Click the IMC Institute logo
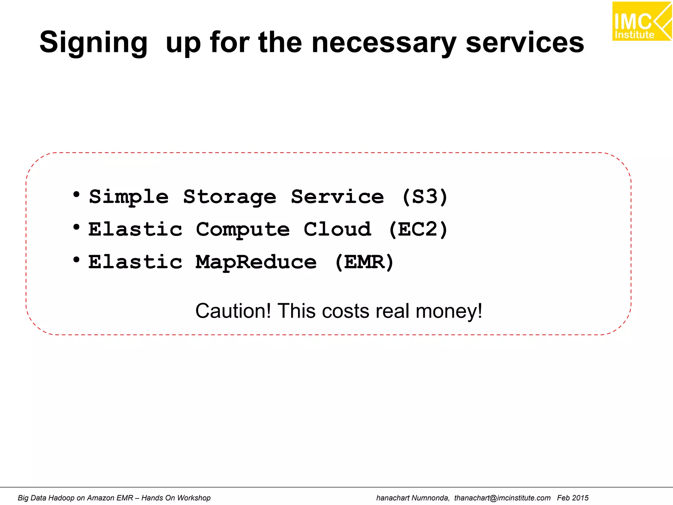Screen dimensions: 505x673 [641, 21]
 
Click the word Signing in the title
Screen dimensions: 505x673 [94, 43]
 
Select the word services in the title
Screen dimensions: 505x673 [525, 43]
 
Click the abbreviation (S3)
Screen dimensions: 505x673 [425, 197]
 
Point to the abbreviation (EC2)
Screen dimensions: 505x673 [418, 229]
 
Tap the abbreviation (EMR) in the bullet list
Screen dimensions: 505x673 [364, 262]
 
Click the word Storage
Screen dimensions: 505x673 [230, 197]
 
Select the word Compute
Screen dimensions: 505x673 [243, 229]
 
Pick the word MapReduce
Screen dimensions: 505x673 [256, 262]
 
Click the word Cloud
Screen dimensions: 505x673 [337, 229]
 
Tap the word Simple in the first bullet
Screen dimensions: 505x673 [129, 197]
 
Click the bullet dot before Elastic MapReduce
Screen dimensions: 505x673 [77, 260]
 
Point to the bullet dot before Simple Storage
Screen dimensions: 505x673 [77, 195]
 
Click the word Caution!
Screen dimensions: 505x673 [233, 311]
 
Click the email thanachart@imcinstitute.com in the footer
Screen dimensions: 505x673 [502, 498]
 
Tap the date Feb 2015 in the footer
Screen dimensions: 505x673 [572, 498]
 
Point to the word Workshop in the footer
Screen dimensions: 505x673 [194, 498]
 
